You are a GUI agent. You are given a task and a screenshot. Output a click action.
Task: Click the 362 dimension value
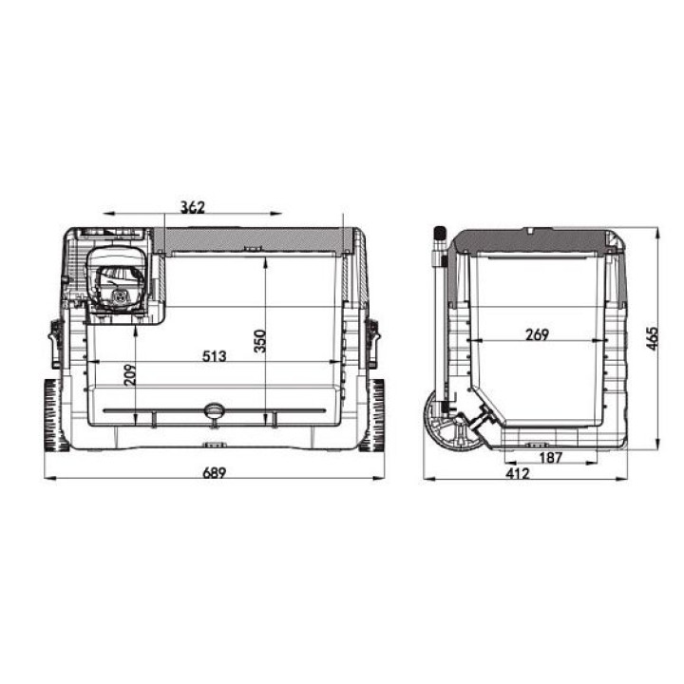coord(193,207)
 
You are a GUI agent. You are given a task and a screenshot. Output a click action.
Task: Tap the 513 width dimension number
coord(214,356)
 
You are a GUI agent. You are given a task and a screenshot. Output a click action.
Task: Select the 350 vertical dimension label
coord(259,341)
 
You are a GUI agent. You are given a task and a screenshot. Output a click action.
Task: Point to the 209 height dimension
coord(130,374)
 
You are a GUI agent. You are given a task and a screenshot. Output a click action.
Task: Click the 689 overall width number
coord(215,472)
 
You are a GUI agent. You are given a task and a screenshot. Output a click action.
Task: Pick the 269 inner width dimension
coord(537,334)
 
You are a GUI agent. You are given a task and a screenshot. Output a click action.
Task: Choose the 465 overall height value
coord(652,338)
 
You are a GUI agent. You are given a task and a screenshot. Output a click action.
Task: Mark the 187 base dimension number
coord(551,458)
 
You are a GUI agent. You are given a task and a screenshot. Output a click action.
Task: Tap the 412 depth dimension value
coord(518,473)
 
